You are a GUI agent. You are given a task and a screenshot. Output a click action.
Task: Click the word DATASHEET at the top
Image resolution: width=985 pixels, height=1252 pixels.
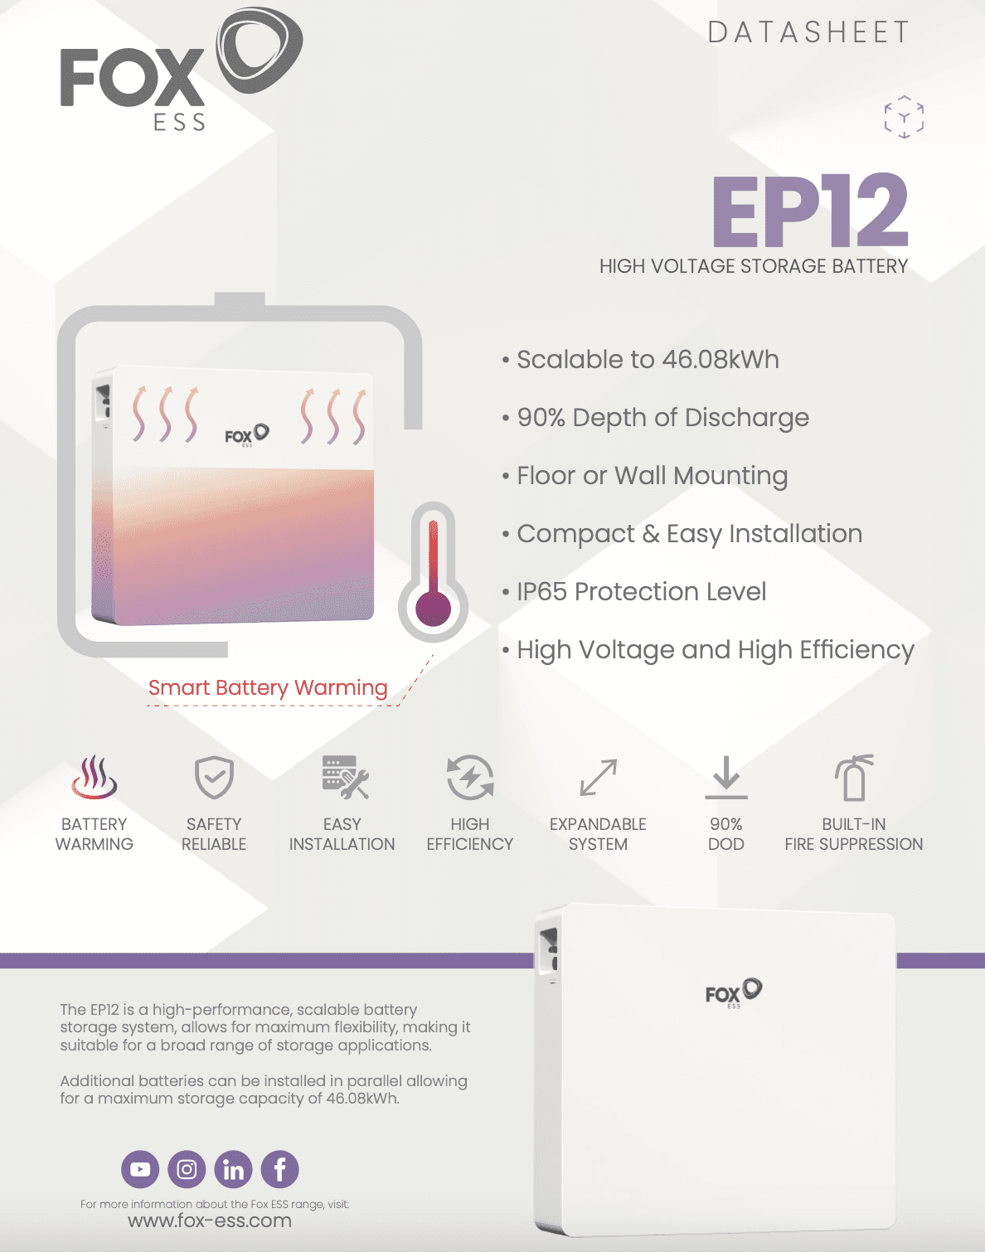[x=808, y=32]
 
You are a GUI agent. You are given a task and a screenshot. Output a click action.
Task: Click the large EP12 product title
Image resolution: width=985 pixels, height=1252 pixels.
[x=810, y=211]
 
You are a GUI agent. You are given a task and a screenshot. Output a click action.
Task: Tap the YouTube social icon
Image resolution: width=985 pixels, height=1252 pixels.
[x=140, y=1169]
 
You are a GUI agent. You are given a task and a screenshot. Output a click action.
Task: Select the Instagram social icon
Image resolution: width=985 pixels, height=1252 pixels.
[x=187, y=1169]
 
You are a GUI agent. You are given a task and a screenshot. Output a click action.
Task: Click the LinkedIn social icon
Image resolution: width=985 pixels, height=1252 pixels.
[x=233, y=1169]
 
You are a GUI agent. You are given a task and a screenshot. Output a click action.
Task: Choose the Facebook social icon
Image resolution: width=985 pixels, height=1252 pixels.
[x=280, y=1169]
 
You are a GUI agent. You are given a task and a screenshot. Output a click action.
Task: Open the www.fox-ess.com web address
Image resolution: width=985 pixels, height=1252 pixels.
[x=210, y=1220]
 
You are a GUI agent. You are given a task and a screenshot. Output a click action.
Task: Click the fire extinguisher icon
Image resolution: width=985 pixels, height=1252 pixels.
[x=853, y=778]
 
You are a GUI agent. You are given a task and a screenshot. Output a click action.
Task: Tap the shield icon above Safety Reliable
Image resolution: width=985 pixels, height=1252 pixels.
[x=214, y=777]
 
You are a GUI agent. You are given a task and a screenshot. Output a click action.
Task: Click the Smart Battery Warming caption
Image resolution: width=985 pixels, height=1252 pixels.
[x=268, y=687]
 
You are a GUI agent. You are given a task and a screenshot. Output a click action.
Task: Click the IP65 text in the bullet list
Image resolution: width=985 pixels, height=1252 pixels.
[x=541, y=592]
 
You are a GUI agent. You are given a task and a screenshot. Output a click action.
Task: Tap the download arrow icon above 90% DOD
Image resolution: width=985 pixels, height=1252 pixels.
[x=726, y=777]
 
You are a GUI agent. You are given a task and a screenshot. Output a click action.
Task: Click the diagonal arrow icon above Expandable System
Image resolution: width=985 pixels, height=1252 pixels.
[x=598, y=777]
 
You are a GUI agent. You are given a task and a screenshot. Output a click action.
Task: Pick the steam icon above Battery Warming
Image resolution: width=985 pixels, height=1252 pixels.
[x=95, y=777]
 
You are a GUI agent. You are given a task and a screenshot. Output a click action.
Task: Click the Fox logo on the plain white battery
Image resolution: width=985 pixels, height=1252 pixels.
[x=734, y=992]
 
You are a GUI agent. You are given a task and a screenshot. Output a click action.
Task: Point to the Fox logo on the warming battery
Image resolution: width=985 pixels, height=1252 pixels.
[x=247, y=435]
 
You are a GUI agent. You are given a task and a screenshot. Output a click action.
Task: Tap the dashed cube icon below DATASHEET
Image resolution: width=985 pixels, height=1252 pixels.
[x=904, y=117]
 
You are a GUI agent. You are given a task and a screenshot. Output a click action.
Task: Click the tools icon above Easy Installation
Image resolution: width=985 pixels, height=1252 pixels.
[x=346, y=777]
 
